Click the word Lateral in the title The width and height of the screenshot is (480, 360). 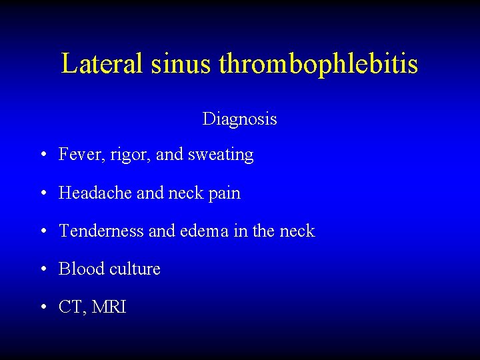point(103,64)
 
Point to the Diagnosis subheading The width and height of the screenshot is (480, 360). point(240,119)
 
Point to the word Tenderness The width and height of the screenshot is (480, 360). point(101,231)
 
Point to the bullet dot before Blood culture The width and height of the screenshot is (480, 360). point(43,270)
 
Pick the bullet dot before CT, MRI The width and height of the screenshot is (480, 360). point(43,308)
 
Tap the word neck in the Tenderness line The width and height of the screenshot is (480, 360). point(298,231)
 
